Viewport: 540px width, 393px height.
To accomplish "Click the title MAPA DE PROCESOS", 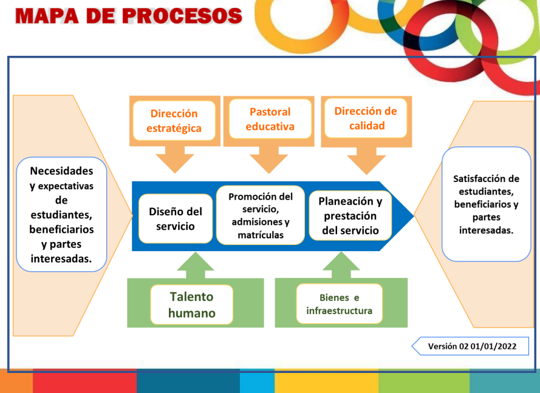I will click(128, 16).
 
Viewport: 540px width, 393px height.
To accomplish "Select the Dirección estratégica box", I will click(175, 121).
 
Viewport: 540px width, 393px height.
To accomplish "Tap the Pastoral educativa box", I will click(270, 119).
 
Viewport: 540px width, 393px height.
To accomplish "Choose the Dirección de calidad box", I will click(366, 119).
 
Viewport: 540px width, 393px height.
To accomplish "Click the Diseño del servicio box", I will click(175, 219).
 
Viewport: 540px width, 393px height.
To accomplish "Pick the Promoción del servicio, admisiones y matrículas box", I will click(261, 215).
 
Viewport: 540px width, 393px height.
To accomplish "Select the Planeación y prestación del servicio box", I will click(350, 216).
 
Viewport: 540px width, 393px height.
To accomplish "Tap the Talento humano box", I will click(191, 304).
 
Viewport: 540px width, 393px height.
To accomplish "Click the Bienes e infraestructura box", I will click(339, 304).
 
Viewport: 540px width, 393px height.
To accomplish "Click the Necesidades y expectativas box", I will click(61, 215).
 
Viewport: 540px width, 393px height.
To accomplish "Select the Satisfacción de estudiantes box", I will click(486, 204).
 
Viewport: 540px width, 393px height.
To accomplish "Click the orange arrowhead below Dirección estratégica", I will click(175, 162).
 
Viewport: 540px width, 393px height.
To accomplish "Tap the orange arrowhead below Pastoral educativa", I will click(269, 162).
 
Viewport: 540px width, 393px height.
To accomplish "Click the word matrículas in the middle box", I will click(261, 235).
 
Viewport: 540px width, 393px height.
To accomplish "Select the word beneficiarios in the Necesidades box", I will click(61, 229).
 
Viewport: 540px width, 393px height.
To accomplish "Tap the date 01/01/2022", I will click(494, 346).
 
